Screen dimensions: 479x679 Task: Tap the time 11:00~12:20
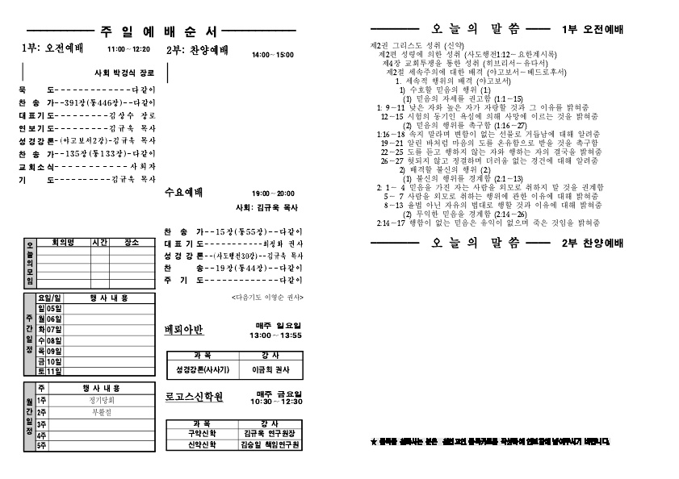point(128,49)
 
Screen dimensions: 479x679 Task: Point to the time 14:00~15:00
point(273,55)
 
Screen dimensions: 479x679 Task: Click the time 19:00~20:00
point(273,194)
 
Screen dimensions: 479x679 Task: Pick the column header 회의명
point(62,242)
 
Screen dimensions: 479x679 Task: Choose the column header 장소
point(132,242)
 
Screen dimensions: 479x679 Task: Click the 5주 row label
point(42,445)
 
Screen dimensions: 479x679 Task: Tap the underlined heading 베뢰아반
point(184,330)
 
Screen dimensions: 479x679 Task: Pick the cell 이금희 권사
point(270,369)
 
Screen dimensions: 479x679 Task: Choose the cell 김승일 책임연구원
point(270,444)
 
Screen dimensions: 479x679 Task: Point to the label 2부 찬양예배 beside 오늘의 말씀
point(592,244)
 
